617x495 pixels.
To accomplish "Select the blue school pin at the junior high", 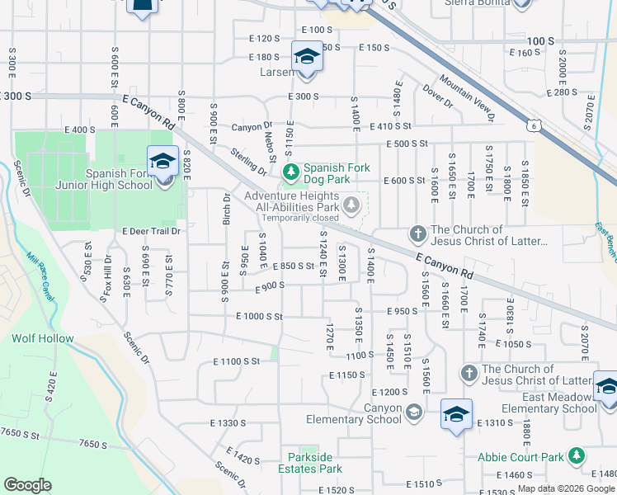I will (162, 162).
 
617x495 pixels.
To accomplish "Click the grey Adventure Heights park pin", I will (352, 205).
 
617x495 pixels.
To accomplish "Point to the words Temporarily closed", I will (299, 218).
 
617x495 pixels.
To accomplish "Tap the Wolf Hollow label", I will (43, 338).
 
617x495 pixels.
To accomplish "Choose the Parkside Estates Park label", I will (315, 463).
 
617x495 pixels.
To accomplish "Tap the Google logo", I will (27, 484).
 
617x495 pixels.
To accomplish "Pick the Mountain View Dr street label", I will (466, 97).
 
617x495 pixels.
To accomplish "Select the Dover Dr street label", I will (437, 97).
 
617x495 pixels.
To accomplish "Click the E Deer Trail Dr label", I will (151, 232).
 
